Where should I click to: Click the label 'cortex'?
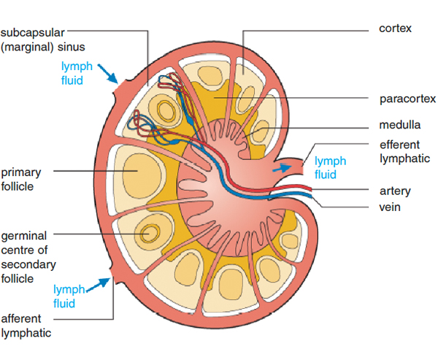pos(396,28)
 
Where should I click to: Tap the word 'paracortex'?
pos(407,99)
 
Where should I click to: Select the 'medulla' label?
pos(399,125)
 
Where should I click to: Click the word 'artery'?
pos(395,191)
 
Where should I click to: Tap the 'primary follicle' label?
pos(20,179)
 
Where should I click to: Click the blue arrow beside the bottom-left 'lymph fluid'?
pos(101,282)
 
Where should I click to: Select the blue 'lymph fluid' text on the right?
pos(330,168)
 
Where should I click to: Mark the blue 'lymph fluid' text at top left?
pos(77,73)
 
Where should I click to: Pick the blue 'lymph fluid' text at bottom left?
pos(70,296)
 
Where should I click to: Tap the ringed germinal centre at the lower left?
pos(152,233)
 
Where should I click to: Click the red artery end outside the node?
pos(310,190)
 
